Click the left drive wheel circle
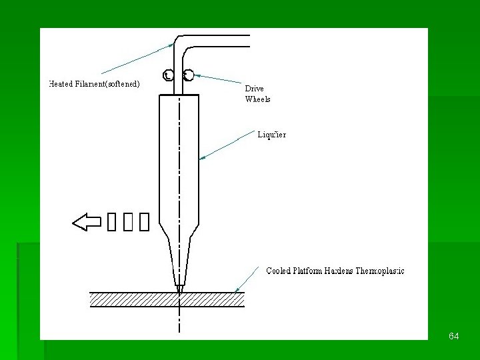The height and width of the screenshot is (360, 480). [x=169, y=75]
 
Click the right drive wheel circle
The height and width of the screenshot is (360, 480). [x=189, y=75]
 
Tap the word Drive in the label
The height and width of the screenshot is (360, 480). [x=254, y=89]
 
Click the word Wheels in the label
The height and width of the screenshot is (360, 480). [x=257, y=99]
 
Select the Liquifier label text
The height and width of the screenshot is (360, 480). [x=272, y=135]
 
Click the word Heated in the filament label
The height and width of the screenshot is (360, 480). [x=63, y=84]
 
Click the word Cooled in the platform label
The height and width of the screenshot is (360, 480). [x=280, y=271]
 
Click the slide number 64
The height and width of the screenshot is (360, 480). [x=454, y=337]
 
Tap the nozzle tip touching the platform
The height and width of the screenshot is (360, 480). [x=179, y=289]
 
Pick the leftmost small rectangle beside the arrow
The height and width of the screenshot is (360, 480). [x=111, y=222]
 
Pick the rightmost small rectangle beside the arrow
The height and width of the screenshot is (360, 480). [x=145, y=222]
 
